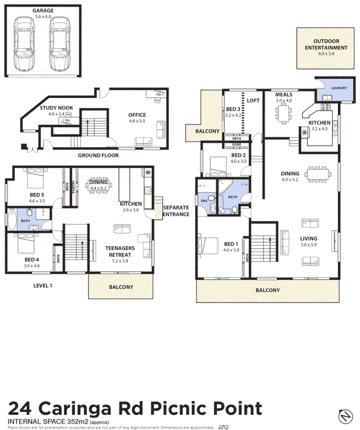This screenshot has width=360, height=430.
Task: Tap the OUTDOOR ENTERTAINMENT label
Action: (x=326, y=45)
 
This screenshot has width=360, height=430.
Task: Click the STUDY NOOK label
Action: (x=56, y=108)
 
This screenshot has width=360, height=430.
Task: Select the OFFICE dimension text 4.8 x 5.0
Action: (x=137, y=121)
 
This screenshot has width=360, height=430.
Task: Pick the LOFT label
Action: (x=254, y=101)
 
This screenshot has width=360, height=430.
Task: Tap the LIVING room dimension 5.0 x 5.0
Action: (x=309, y=245)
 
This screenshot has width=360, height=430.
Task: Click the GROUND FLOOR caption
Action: (x=98, y=155)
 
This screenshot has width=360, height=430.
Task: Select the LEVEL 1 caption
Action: (x=43, y=286)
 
